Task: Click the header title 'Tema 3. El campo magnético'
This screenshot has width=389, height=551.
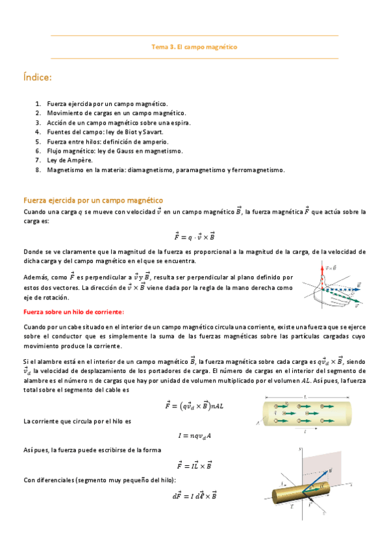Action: [194, 47]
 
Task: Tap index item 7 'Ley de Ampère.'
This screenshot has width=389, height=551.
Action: [70, 160]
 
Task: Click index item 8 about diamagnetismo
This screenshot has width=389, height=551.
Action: [166, 170]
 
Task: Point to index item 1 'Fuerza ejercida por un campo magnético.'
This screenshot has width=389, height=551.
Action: [107, 103]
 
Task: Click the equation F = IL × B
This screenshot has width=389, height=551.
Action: [194, 465]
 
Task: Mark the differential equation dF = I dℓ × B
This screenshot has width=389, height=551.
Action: [194, 496]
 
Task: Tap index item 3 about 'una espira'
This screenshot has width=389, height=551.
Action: [118, 122]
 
